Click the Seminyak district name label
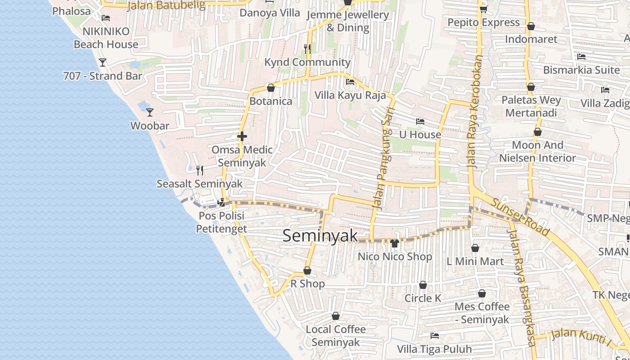320,236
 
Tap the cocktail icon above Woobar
150,112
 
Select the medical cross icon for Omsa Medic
242,136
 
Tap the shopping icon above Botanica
271,88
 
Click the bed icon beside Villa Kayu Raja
350,82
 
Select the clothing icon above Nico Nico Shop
395,243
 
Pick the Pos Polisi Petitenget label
221,222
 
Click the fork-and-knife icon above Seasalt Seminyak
200,170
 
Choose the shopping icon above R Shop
307,270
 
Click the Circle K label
423,298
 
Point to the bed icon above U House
420,121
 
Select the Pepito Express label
483,22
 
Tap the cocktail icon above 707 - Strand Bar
103,62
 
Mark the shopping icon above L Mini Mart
475,248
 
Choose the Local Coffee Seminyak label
336,336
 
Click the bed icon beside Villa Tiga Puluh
435,335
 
